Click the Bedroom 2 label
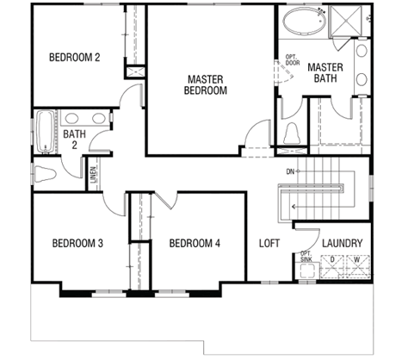tap(75, 57)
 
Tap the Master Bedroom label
tap(206, 84)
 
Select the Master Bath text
tap(325, 72)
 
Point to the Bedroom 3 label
tap(77, 243)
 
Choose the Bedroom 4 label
tap(195, 243)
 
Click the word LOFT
tap(269, 243)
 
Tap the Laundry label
tap(342, 243)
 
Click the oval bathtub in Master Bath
tap(305, 20)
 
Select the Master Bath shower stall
tap(345, 21)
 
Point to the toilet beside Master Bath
tap(292, 133)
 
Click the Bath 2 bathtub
tap(46, 132)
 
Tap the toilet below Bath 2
tap(45, 174)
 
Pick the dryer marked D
tap(332, 266)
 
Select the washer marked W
tap(358, 266)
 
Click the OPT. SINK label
tap(306, 257)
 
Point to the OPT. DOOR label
tap(293, 59)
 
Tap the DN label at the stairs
tap(290, 171)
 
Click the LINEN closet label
tap(93, 175)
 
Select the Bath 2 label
tap(74, 140)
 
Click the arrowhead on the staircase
tap(293, 207)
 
